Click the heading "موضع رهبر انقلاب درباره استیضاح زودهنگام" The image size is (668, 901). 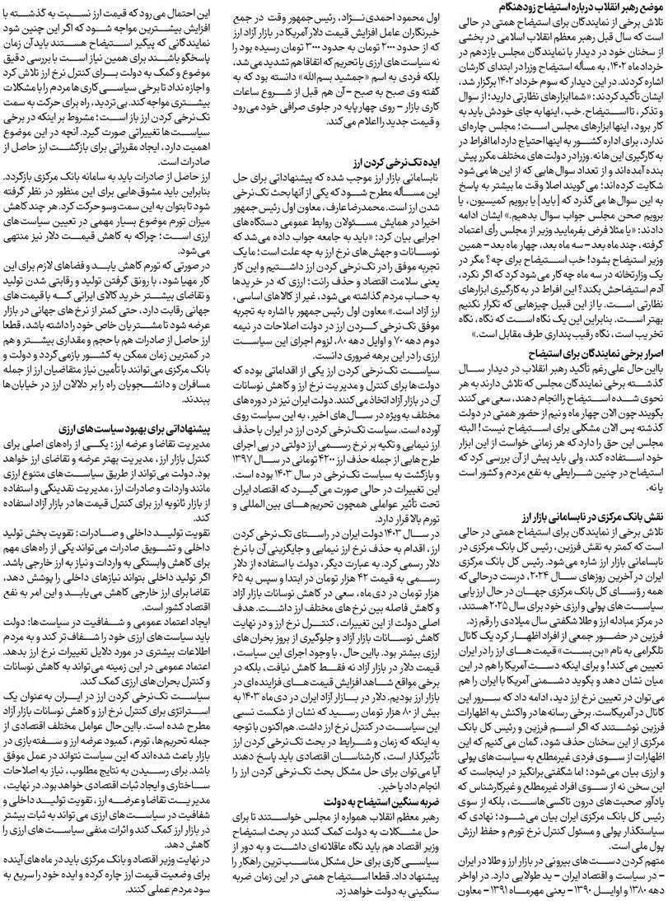point(577,7)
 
